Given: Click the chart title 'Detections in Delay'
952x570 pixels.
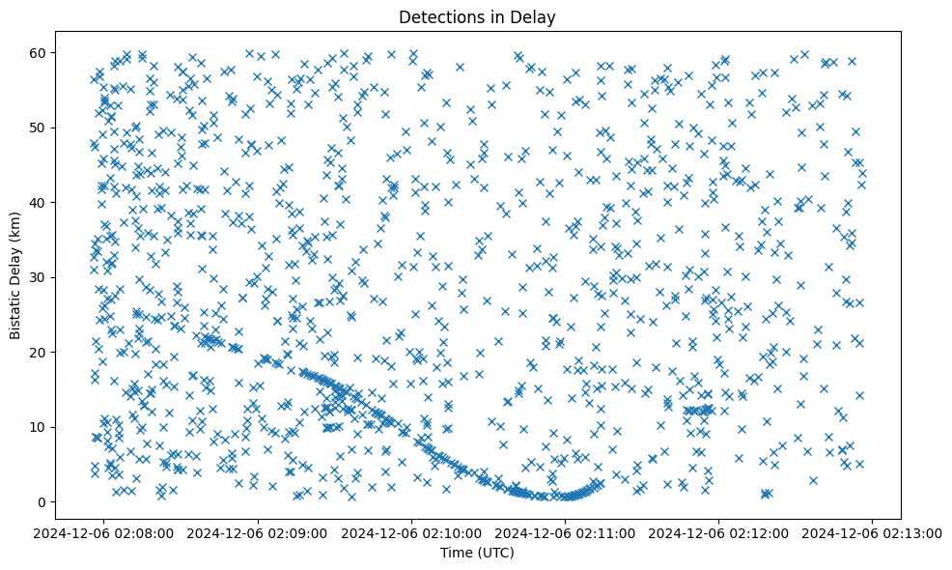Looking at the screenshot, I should point(476,16).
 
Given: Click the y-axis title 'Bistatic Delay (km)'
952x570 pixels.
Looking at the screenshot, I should point(16,276).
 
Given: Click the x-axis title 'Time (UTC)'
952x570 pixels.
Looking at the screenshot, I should point(476,553).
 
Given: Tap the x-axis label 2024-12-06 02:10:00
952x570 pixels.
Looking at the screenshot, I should point(412,532).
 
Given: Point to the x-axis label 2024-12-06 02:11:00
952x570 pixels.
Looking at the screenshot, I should point(566,532).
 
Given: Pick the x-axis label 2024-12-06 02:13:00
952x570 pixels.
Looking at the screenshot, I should point(872,532).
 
